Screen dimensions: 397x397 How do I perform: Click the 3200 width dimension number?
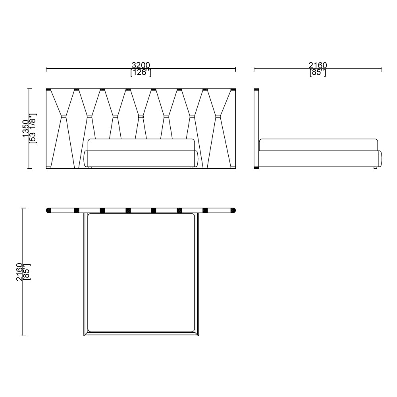pos(141,65)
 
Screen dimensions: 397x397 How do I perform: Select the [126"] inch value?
pos(141,73)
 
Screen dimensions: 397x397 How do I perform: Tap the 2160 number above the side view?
pos(318,65)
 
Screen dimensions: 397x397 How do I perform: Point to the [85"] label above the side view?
pos(318,73)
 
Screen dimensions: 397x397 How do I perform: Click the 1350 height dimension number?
pos(26,129)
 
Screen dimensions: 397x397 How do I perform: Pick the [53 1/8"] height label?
pos(33,129)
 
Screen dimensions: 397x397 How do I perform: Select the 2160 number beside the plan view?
pos(19,272)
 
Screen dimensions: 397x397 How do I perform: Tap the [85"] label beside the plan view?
pos(27,272)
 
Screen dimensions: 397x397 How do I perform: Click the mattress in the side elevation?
pos(318,145)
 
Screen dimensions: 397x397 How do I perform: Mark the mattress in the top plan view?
pos(141,272)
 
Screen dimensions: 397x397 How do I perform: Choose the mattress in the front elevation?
pos(141,145)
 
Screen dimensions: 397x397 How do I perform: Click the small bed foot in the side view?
pos(375,169)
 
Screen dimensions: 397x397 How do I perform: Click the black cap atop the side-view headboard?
pos(256,89)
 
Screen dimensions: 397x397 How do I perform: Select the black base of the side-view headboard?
pos(256,168)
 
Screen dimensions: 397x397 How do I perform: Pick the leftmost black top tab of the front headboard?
pos(49,89)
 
